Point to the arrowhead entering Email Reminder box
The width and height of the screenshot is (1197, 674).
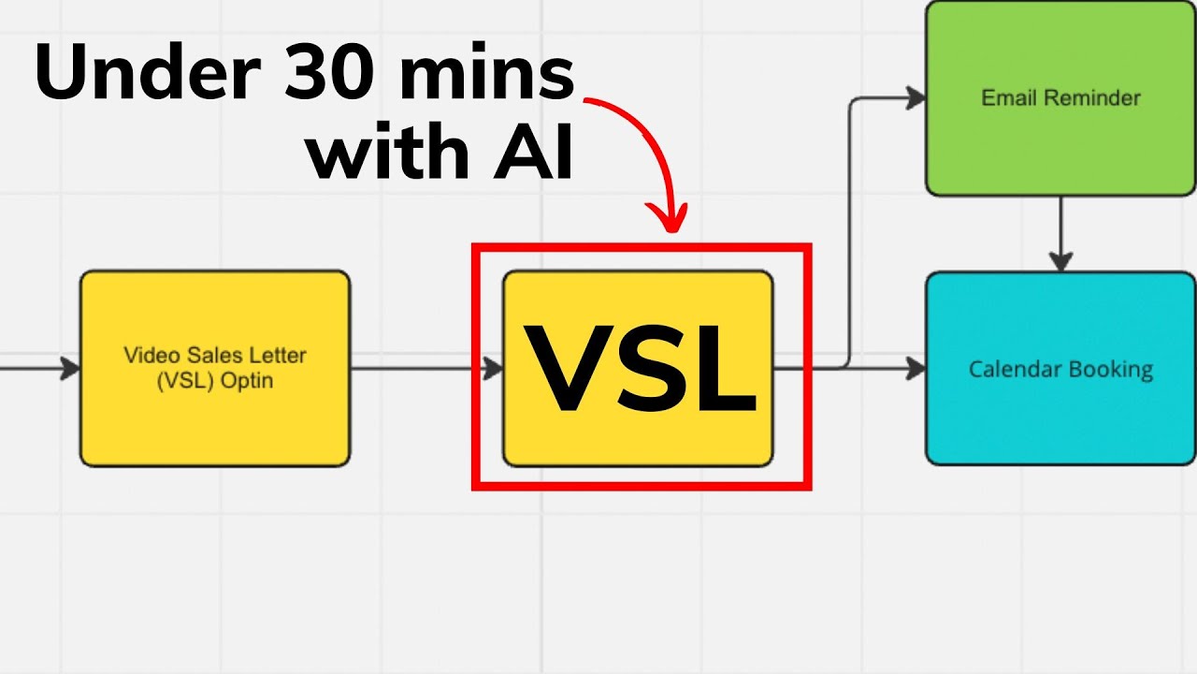(x=915, y=97)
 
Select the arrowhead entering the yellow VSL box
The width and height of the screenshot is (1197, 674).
(x=493, y=368)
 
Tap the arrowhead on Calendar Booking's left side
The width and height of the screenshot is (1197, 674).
(x=915, y=368)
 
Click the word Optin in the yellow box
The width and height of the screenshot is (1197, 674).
(x=247, y=381)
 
